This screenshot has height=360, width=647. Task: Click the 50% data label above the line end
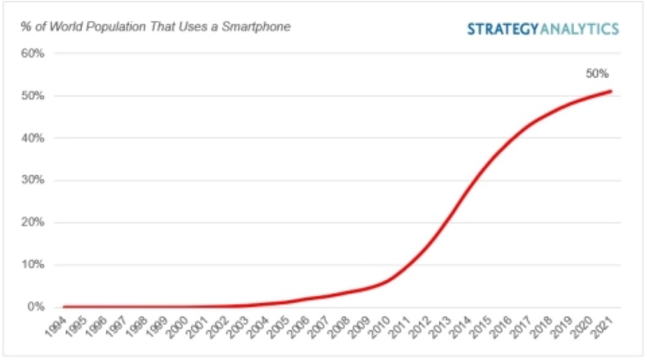pos(597,74)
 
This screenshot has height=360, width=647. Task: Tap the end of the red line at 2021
pos(611,91)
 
